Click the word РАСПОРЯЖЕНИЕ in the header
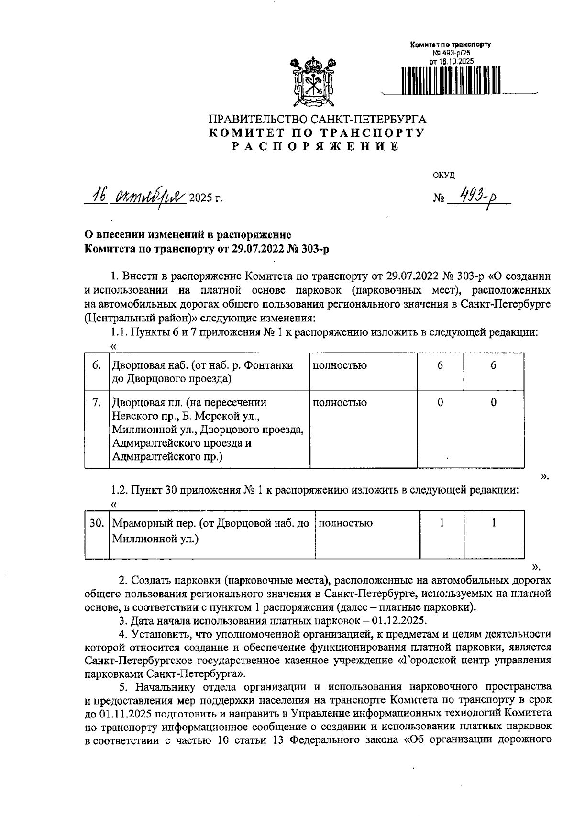(x=316, y=147)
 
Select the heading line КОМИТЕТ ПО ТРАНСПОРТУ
(x=317, y=133)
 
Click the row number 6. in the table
(x=96, y=365)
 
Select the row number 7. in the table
(x=96, y=403)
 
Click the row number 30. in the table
(x=97, y=523)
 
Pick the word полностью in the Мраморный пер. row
(x=345, y=523)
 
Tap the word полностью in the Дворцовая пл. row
(x=340, y=403)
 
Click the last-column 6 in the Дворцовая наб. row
(x=493, y=365)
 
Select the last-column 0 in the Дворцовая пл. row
(x=493, y=403)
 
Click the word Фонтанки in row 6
(x=269, y=365)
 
